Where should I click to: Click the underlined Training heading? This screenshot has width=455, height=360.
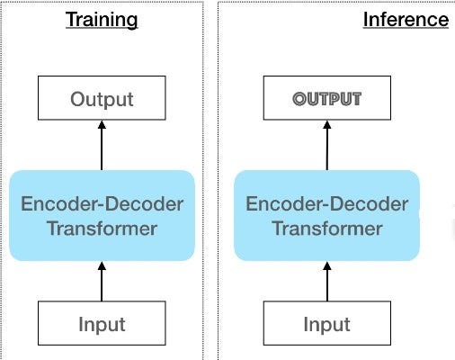(x=101, y=19)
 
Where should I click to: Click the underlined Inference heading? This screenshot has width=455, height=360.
(x=406, y=19)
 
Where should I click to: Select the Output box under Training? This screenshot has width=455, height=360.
(x=102, y=99)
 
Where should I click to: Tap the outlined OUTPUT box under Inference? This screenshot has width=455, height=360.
(x=327, y=99)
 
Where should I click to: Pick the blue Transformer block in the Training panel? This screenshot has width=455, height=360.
(x=102, y=215)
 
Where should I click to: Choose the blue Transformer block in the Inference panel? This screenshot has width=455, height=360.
(x=327, y=215)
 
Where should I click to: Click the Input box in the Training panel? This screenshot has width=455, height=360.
(x=102, y=324)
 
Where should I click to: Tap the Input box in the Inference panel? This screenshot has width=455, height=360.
(x=327, y=324)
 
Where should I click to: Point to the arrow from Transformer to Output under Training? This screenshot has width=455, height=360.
(x=102, y=148)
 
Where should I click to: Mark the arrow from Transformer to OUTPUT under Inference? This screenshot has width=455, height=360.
(x=327, y=148)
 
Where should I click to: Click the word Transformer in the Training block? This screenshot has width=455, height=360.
(x=102, y=228)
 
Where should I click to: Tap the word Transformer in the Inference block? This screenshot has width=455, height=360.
(x=327, y=228)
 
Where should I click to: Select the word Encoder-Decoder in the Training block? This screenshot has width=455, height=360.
(x=102, y=203)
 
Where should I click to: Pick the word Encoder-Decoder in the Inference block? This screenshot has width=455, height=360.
(x=327, y=203)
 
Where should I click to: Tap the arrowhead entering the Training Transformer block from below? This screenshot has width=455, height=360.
(x=102, y=266)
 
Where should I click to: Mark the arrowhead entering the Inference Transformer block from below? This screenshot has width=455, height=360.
(x=327, y=266)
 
